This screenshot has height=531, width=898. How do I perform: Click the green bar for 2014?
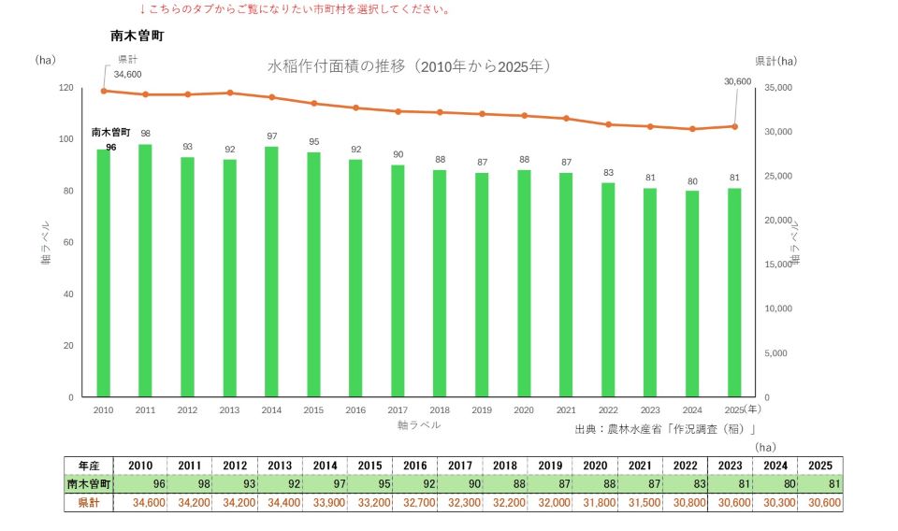point(271,272)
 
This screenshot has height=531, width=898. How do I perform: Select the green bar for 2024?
point(692,294)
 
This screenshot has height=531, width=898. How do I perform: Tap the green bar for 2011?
point(146,271)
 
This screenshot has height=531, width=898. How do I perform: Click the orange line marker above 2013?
point(230,93)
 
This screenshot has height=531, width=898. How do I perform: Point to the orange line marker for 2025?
point(735,126)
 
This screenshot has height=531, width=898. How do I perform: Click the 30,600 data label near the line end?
point(738,82)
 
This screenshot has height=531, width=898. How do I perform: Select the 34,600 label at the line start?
point(127,75)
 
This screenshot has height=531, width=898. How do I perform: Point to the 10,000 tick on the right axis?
point(778,309)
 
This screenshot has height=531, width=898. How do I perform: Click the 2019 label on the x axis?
point(482,410)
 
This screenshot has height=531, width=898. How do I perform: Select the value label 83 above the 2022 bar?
point(608,173)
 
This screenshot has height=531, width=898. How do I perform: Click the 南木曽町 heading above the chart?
point(138,36)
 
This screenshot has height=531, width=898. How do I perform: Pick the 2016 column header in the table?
point(415,466)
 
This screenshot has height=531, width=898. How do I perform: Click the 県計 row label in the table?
point(89,502)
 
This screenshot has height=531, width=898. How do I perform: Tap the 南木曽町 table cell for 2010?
point(140,484)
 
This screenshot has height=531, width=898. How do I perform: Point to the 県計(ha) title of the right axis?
point(776,61)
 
